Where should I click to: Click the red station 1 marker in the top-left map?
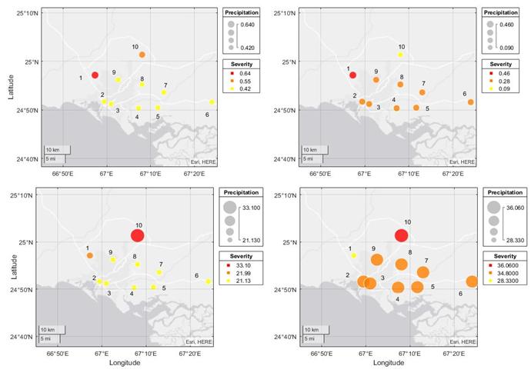(95, 75)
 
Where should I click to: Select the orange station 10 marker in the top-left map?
(142, 55)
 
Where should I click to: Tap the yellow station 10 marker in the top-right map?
(400, 55)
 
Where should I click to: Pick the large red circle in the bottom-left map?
(138, 235)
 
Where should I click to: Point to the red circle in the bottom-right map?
(401, 235)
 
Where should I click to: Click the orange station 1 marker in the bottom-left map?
(90, 255)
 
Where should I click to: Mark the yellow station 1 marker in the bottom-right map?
(353, 255)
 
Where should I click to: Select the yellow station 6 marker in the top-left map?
(212, 101)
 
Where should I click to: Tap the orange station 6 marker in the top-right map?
(470, 101)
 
